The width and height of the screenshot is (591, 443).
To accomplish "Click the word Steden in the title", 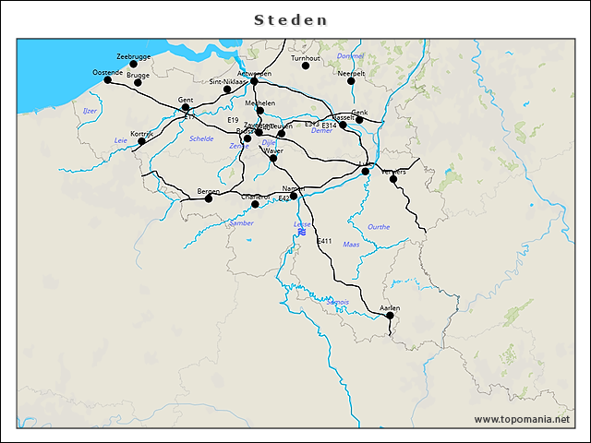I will [290, 19].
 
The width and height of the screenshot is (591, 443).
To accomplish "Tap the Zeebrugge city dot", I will [133, 65].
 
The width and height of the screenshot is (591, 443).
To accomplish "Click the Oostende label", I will [107, 72].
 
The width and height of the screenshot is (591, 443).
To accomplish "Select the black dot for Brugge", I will [138, 83].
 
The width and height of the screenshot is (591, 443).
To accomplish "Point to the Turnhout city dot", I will [306, 66].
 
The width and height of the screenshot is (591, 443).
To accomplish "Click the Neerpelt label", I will [351, 72].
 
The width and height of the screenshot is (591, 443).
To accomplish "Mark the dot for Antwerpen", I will [254, 81].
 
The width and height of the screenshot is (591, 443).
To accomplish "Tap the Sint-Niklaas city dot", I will [227, 90].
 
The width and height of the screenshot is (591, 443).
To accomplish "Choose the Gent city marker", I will [186, 107].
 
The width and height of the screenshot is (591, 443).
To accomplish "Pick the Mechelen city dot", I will [260, 111].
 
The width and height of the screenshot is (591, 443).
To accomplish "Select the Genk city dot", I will [359, 119].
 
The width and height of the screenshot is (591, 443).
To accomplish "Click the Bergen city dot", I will [209, 198].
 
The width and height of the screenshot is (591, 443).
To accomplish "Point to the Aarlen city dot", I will [390, 316].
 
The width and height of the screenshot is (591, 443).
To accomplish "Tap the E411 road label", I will [324, 241].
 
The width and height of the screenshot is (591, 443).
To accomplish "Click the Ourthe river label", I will [379, 227].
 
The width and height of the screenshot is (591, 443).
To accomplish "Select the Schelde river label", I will [200, 138].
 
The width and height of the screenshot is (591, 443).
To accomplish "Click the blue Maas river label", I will [351, 245].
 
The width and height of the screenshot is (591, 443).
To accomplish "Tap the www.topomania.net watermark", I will [522, 420].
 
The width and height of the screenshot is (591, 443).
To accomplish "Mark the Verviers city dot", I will [393, 179].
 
